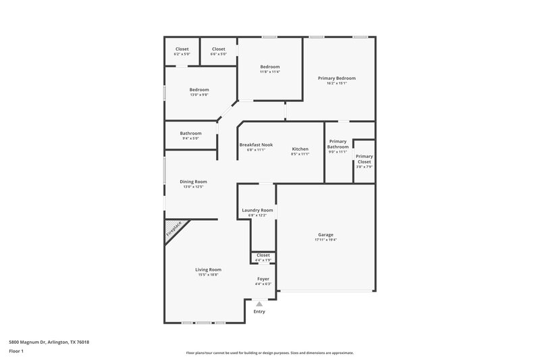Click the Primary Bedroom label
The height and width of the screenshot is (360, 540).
tap(336, 78)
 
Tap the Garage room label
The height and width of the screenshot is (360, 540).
tap(325, 235)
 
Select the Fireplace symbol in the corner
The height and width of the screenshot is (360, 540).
tap(174, 230)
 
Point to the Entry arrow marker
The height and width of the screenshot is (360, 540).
tap(259, 304)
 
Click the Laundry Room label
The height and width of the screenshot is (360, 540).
tap(257, 210)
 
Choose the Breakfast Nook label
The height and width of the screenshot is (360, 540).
tap(256, 145)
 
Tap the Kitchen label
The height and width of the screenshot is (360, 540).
tap(300, 149)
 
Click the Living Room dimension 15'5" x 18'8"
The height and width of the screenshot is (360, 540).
tap(209, 275)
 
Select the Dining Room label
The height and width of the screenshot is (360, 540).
tap(193, 181)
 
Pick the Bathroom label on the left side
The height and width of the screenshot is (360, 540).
tap(190, 133)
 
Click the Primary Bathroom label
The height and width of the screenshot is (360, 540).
tap(338, 144)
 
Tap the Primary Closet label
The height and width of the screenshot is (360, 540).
tap(364, 159)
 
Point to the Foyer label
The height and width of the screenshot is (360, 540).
tap(263, 278)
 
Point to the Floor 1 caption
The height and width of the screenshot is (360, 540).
tap(16, 352)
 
